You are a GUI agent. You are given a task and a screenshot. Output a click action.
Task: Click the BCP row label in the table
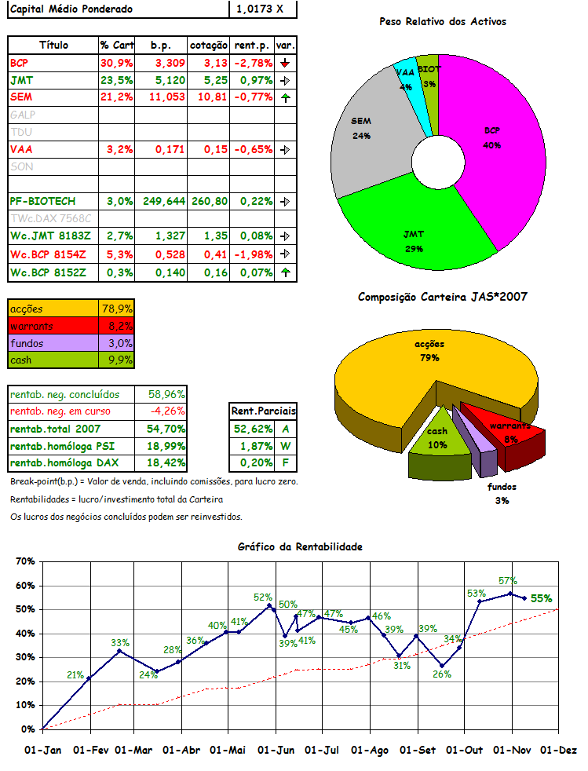click(19, 63)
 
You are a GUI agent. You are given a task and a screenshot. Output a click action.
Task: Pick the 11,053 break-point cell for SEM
click(166, 97)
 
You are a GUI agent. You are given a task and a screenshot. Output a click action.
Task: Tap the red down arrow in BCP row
click(285, 63)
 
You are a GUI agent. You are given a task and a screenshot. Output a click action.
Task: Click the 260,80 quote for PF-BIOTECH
click(209, 201)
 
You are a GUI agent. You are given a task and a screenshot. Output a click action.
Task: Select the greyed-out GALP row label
click(23, 115)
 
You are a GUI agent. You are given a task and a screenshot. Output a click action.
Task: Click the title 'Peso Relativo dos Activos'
click(443, 21)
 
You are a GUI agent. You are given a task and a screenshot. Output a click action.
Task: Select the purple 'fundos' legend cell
click(53, 343)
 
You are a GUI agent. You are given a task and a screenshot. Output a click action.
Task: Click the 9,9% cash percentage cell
click(118, 360)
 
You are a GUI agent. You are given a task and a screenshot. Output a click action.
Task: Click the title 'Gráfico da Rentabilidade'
click(301, 546)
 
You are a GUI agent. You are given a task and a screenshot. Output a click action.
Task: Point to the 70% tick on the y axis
click(26, 561)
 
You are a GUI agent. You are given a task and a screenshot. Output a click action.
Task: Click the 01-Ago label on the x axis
click(370, 750)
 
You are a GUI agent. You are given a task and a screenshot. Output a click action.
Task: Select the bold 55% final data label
click(541, 598)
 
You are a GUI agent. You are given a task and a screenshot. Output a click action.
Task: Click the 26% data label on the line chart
click(442, 674)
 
